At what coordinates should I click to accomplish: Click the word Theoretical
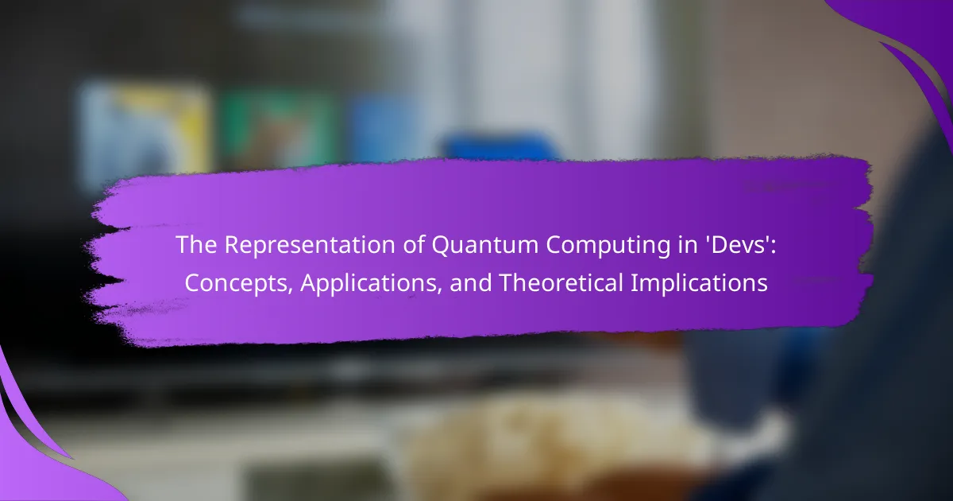click(561, 282)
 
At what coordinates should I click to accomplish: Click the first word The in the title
click(196, 245)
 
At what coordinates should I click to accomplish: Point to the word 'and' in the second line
click(471, 283)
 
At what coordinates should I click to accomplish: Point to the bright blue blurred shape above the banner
click(502, 147)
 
